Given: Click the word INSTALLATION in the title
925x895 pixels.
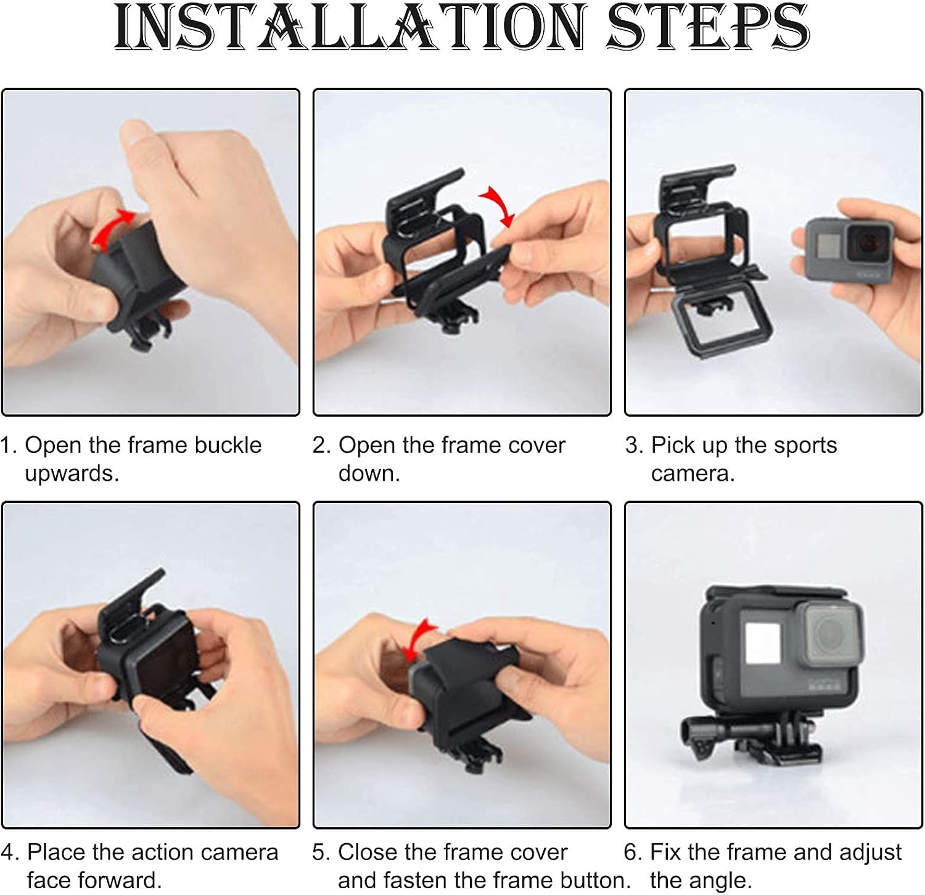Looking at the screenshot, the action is [349, 27].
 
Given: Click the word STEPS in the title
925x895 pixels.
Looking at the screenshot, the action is [707, 27].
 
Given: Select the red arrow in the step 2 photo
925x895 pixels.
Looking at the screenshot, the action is [498, 205].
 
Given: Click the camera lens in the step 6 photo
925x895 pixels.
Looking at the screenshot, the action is [828, 633].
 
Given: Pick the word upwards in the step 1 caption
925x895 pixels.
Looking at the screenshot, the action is [71, 474].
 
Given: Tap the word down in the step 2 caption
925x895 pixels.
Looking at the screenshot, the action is [369, 473].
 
